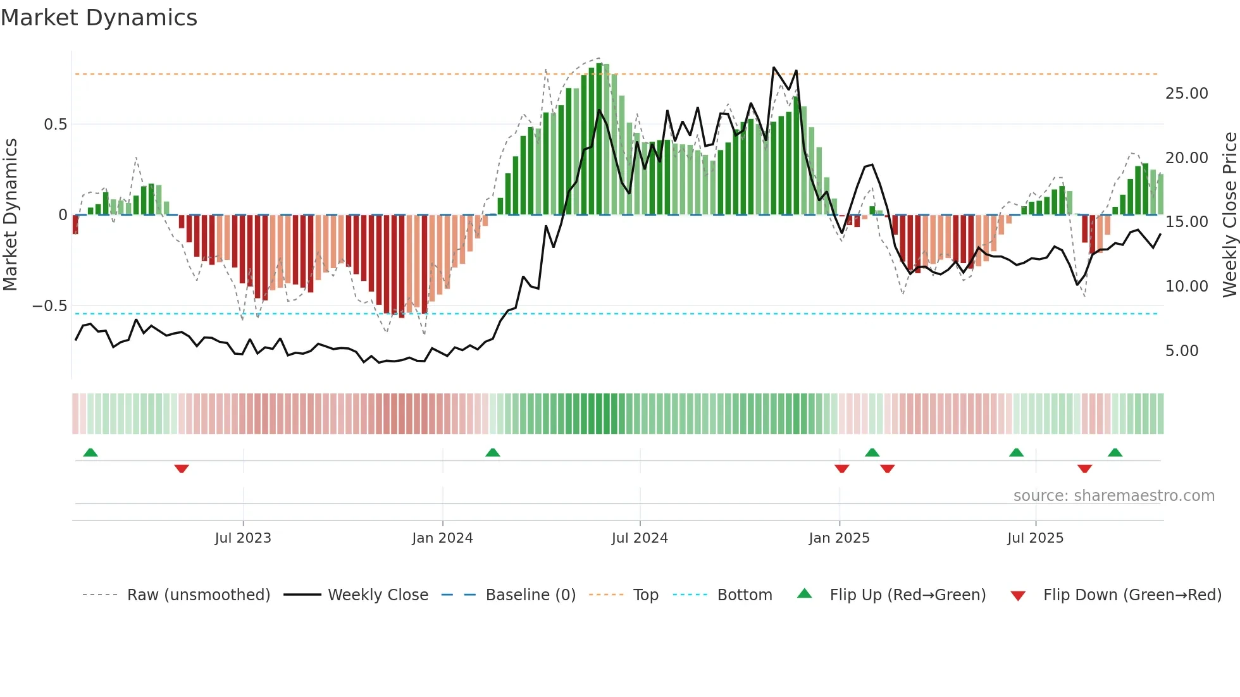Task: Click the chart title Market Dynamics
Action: point(99,18)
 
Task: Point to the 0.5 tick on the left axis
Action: point(55,125)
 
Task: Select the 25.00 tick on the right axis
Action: point(1186,94)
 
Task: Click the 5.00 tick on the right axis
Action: point(1181,351)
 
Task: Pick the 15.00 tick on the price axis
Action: point(1186,222)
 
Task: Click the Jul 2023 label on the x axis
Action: point(243,538)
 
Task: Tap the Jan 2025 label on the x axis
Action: point(839,538)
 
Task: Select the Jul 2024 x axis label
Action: point(640,538)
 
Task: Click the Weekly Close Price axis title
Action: point(1229,215)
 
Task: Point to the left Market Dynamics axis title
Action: point(10,215)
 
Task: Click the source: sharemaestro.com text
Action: point(1113,496)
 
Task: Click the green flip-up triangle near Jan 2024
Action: point(493,452)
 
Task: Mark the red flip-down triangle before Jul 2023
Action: point(182,469)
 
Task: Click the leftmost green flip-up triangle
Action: point(90,452)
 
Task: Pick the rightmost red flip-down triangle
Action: point(1084,469)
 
